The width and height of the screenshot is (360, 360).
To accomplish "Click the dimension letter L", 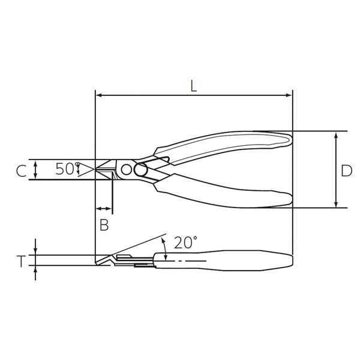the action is coord(194,86).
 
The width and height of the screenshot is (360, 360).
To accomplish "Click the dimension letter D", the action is coord(346,171).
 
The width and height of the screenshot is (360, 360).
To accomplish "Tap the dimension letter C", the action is coord(21,171).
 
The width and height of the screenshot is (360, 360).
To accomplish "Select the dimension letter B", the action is coord(104,225).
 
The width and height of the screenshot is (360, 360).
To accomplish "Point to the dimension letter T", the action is coord(21,262).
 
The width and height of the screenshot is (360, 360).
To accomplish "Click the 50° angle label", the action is coord(67,169).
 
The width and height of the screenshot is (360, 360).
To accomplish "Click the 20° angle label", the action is coord(185,242).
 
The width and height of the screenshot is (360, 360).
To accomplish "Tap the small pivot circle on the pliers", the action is coord(126,170).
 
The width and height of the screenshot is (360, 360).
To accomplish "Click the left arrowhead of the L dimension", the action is coord(99,95).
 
